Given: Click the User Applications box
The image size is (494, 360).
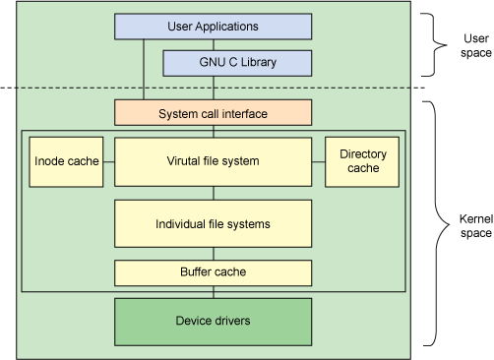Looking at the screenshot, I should pos(214,27).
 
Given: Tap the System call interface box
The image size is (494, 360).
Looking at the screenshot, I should pos(214,114).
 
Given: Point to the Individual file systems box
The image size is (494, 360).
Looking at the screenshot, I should pos(214,223).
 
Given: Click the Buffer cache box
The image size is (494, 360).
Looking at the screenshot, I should pos(214,271).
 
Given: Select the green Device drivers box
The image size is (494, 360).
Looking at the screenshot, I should pos(214,321).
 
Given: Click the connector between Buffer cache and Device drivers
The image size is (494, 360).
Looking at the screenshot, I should pos(214,291).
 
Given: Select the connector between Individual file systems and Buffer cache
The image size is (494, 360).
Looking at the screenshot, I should pos(214,253).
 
